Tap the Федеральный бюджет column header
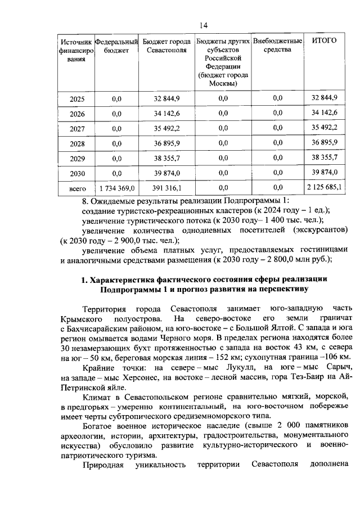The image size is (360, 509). tap(116, 46)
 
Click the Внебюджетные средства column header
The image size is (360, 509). tap(278, 46)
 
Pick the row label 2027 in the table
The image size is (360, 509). tap(77, 129)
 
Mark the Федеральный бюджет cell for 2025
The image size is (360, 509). tap(117, 99)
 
